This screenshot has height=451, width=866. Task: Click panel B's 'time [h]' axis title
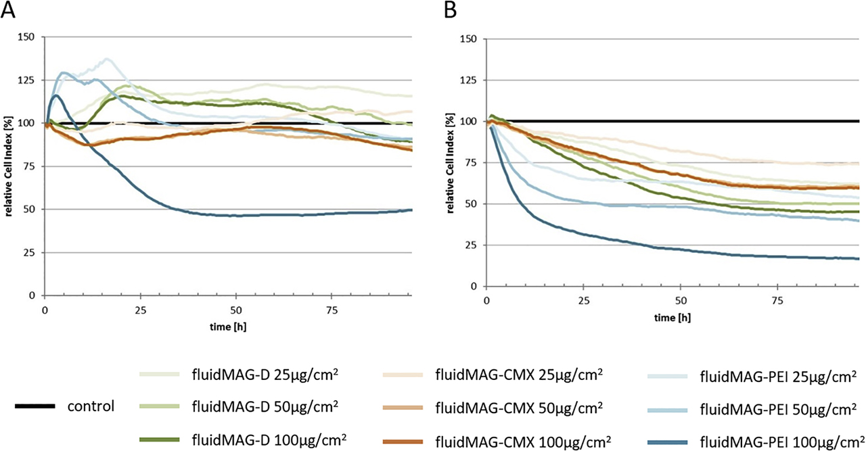672,316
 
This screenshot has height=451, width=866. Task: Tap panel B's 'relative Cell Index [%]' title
452,162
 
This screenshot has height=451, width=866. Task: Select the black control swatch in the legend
35,406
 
